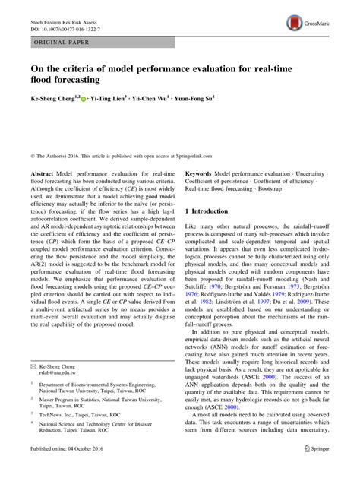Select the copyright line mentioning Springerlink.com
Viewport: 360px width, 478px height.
click(118, 135)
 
